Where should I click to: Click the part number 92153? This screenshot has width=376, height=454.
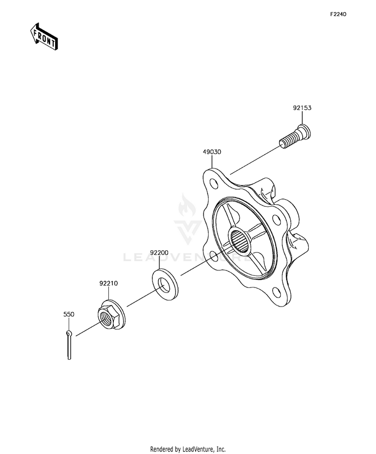[x=302, y=108]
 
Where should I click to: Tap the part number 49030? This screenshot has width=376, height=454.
[x=212, y=152]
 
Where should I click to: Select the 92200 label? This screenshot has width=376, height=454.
[x=159, y=253]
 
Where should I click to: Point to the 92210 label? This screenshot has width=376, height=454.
[x=109, y=283]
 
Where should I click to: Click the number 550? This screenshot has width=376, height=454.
[x=69, y=314]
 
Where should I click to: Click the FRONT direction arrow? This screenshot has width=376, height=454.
[x=44, y=37]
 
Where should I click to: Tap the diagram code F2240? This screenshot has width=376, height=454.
[x=338, y=14]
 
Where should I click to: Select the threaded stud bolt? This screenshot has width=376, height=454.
[x=295, y=140]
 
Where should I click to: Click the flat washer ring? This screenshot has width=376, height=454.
[x=165, y=284]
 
